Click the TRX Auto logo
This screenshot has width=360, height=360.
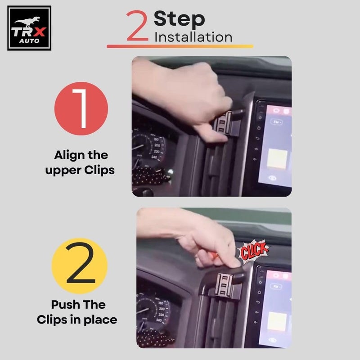point(29,27)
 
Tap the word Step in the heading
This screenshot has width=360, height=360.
point(179,19)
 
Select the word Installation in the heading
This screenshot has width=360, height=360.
point(193,37)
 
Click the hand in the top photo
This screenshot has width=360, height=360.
point(193,90)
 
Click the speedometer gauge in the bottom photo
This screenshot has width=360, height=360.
point(155,310)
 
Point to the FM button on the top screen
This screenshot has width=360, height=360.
point(276,122)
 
